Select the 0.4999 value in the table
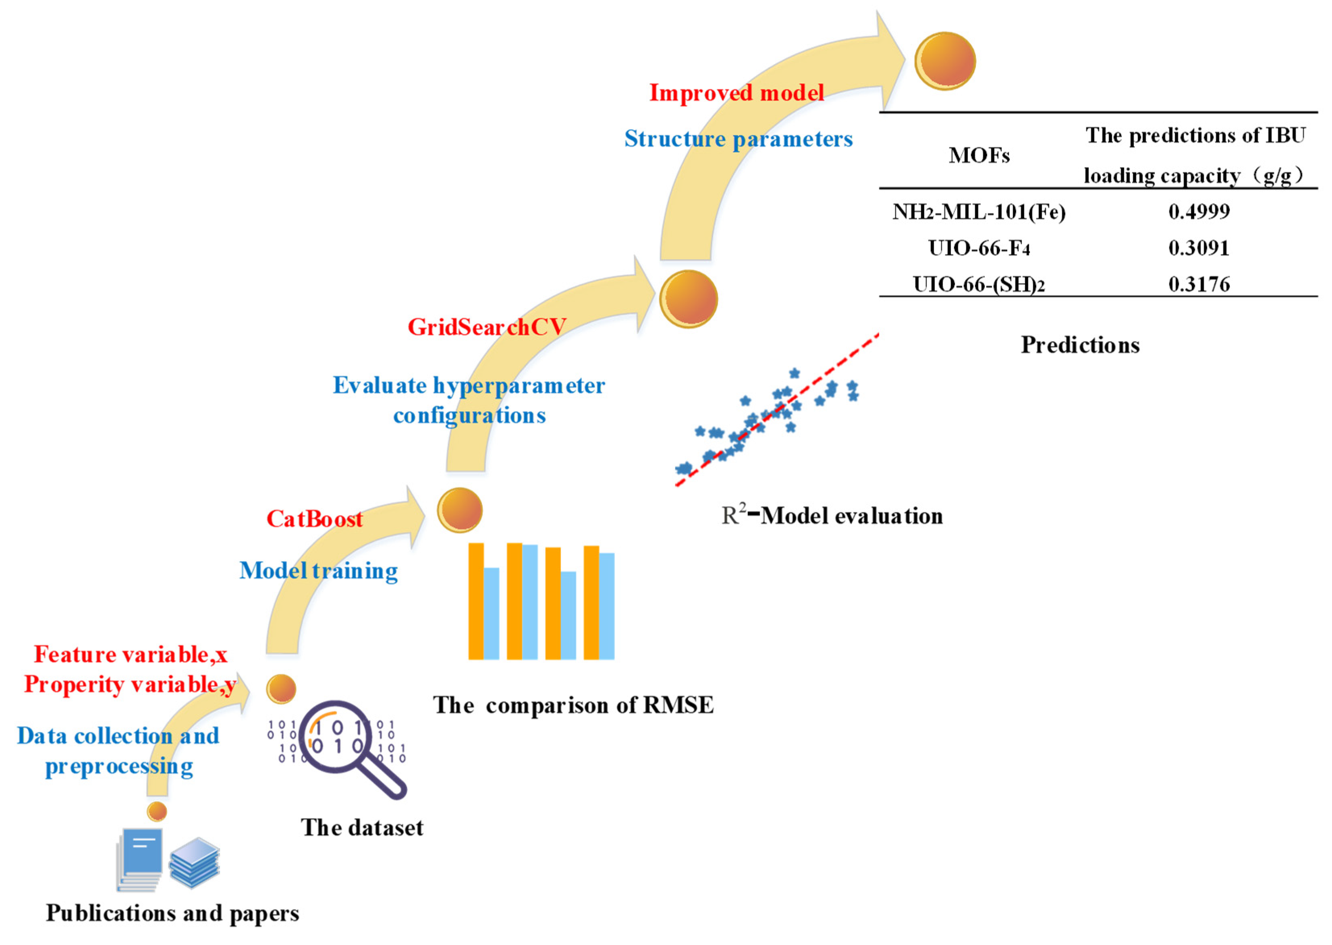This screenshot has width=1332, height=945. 1199,211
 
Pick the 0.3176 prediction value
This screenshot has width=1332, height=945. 1199,284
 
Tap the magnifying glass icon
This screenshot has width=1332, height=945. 349,748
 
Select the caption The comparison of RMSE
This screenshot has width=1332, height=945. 573,705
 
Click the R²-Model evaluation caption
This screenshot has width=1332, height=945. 832,516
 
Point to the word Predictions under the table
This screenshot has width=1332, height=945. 1080,345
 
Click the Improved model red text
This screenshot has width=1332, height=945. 736,93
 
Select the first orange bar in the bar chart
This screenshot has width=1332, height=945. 476,601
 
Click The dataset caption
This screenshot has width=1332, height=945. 362,827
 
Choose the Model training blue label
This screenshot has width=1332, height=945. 318,571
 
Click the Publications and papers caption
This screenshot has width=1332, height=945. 172,913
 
